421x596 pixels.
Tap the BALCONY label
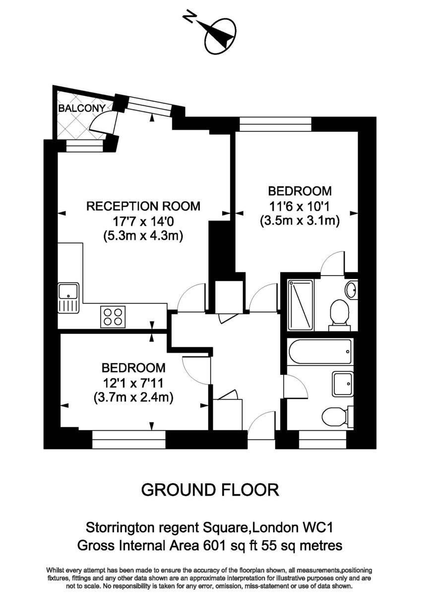[82, 108]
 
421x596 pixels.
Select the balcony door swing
[105, 122]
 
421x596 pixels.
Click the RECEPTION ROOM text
[143, 206]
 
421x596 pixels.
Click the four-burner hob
[113, 316]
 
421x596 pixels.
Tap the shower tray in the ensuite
[301, 305]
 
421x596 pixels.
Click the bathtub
[320, 352]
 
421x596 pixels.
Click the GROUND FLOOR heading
[210, 490]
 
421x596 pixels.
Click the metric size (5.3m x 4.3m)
[143, 236]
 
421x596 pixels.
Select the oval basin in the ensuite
[351, 290]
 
